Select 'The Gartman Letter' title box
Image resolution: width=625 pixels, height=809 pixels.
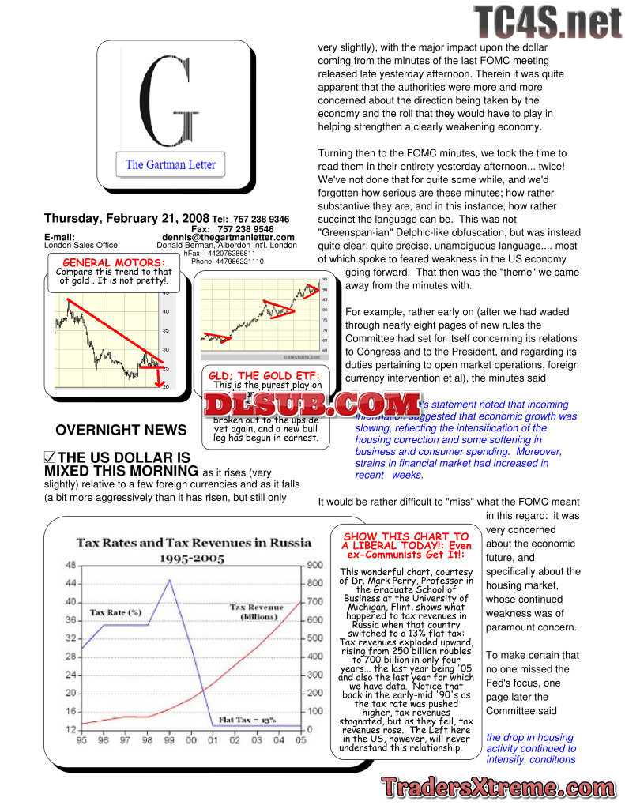171,165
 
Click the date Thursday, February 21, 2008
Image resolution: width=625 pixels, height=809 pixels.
126,219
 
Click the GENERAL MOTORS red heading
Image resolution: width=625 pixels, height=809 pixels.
114,262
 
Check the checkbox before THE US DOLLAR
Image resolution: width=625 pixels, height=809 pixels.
49,457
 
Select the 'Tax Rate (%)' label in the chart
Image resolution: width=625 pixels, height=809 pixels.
115,611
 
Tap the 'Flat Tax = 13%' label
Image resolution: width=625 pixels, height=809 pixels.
247,721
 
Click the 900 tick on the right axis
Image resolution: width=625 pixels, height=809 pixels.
314,565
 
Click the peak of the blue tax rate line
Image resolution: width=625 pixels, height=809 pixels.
168,580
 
